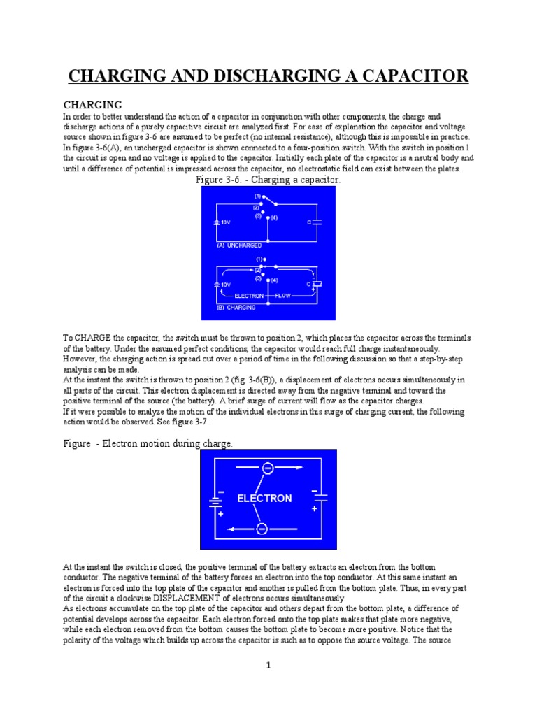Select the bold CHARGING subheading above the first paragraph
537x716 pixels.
[x=93, y=104]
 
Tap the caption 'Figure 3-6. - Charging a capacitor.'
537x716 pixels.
[x=268, y=180]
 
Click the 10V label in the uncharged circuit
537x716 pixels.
[x=225, y=222]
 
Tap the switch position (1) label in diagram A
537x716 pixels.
[x=257, y=196]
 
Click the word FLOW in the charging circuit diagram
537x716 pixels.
[x=282, y=296]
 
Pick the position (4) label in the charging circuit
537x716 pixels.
[x=273, y=280]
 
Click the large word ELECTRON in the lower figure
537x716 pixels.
[x=264, y=499]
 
